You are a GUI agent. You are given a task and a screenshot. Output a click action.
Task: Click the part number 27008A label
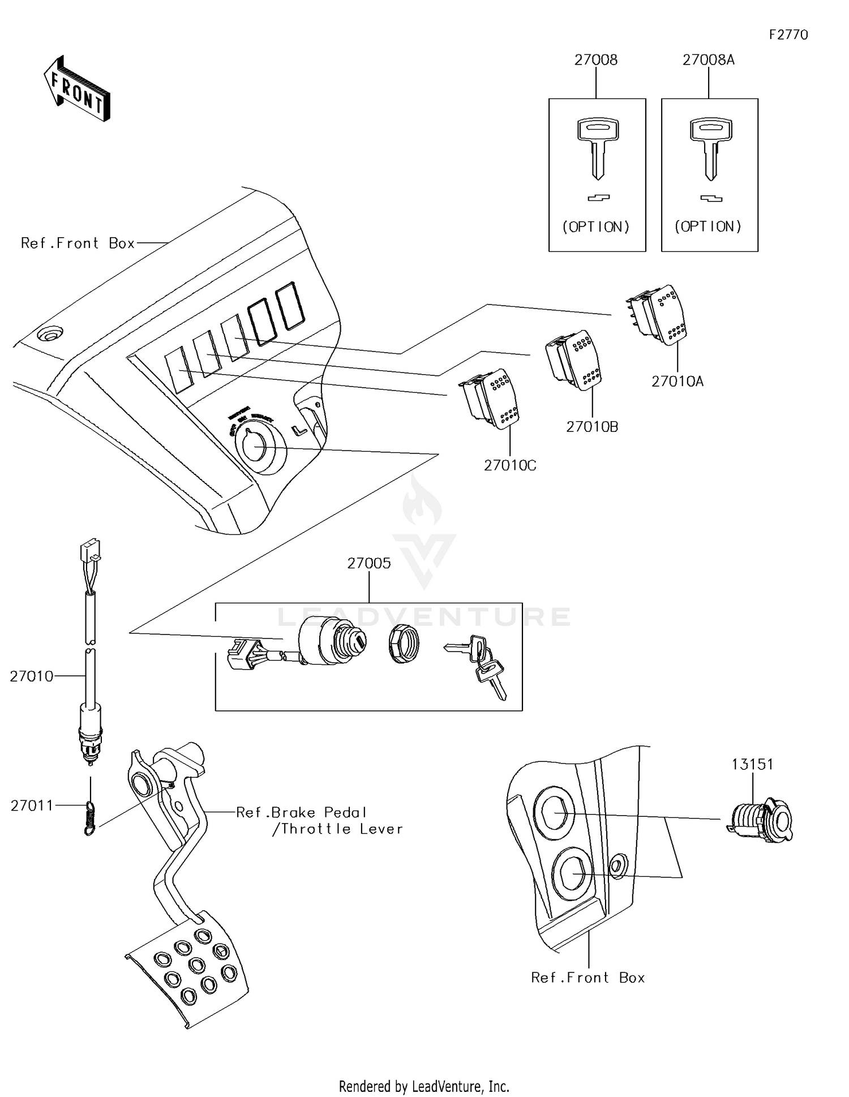coord(708,60)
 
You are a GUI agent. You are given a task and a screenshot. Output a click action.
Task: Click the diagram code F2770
coord(788,35)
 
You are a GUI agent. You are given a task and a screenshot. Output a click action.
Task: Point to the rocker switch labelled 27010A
coord(659,315)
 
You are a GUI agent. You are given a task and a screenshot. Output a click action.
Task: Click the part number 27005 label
coord(369,563)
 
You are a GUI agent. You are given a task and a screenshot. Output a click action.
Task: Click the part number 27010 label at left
coord(31,676)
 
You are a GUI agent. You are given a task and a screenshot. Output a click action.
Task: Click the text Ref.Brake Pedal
coord(301,812)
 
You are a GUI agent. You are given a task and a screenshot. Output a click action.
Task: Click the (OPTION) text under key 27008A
coord(708,226)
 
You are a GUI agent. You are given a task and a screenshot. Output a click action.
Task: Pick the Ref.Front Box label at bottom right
coord(588,978)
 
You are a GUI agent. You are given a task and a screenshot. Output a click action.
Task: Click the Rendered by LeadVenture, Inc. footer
coord(424,1086)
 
